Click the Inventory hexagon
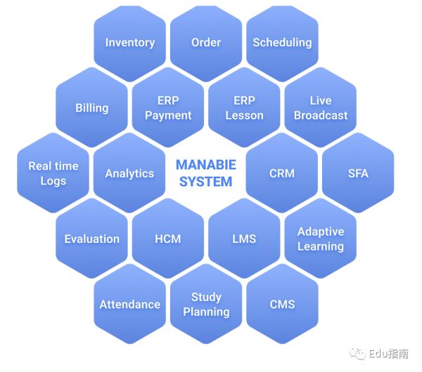129,43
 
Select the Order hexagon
206,43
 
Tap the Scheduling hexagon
282,43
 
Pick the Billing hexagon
91,108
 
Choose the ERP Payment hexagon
168,108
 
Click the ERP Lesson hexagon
244,108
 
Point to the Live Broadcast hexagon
321,108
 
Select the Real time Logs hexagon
53,173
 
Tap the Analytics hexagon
129,173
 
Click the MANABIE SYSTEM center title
206,173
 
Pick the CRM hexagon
282,173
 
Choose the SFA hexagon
358,173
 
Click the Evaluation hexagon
91,239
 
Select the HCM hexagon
168,239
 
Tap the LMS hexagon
244,239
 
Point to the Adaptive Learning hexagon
321,239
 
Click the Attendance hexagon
129,305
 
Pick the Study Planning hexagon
206,305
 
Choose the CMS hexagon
282,305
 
